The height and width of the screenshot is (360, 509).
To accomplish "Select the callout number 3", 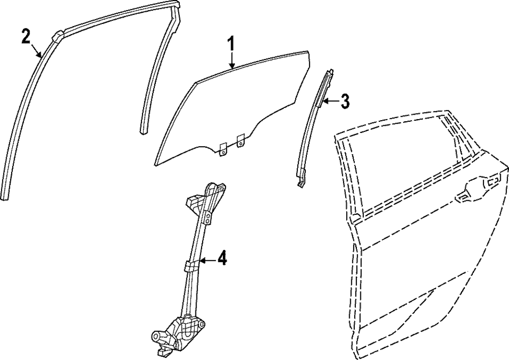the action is [345, 101].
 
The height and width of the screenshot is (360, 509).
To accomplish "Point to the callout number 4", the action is [221, 260].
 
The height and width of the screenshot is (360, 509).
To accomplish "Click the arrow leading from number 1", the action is [231, 60].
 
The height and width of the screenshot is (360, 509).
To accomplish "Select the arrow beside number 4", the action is [207, 261].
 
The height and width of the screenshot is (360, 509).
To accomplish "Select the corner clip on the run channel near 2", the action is [58, 37].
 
